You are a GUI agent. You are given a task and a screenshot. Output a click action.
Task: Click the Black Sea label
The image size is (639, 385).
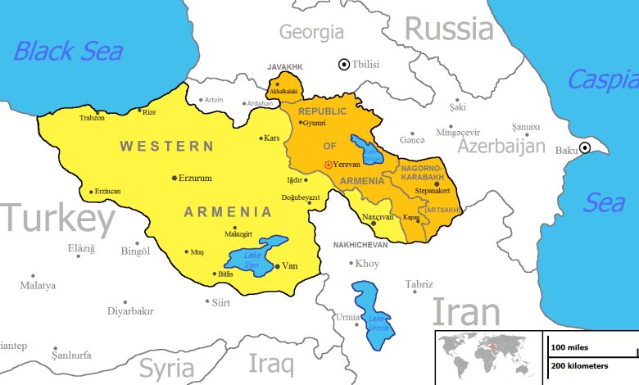(68, 51)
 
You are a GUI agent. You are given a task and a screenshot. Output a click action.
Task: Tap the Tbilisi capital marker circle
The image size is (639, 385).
(345, 64)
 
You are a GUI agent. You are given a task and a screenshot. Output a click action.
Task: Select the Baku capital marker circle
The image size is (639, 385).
(585, 148)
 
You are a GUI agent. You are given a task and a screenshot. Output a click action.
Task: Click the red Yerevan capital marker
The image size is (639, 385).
(329, 165)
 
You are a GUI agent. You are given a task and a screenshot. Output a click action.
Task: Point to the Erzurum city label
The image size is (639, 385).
(195, 178)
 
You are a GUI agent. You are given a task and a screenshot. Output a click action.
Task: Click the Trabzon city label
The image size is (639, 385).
(92, 118)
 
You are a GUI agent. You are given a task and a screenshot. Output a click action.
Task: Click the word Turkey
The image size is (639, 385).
(57, 220)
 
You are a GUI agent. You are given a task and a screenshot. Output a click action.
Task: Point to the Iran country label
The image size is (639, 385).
(465, 313)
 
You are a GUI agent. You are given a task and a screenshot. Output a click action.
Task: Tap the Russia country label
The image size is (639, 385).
(450, 29)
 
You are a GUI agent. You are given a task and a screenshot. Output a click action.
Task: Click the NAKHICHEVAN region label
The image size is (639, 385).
(361, 245)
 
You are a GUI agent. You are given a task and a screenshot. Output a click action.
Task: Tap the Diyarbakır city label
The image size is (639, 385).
(130, 311)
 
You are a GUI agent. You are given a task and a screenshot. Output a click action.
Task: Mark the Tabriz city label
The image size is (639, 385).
(419, 284)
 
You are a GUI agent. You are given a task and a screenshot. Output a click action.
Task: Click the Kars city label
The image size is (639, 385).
(272, 138)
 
